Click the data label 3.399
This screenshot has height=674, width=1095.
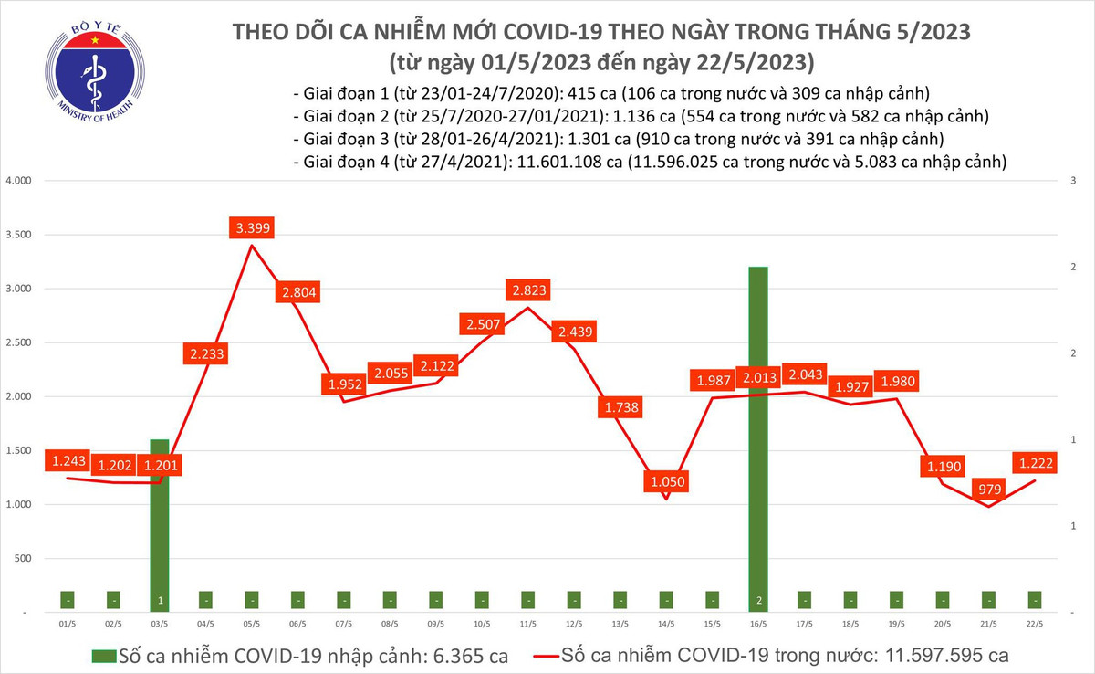point(251,228)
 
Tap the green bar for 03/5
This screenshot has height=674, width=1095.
point(161,521)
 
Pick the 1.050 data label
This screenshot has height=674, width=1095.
point(665,480)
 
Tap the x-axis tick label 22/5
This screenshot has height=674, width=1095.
point(1035,624)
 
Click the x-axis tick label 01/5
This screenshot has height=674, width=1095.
point(67,624)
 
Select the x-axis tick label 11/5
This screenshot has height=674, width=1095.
point(528,624)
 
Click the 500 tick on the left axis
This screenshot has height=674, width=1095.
point(24,559)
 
